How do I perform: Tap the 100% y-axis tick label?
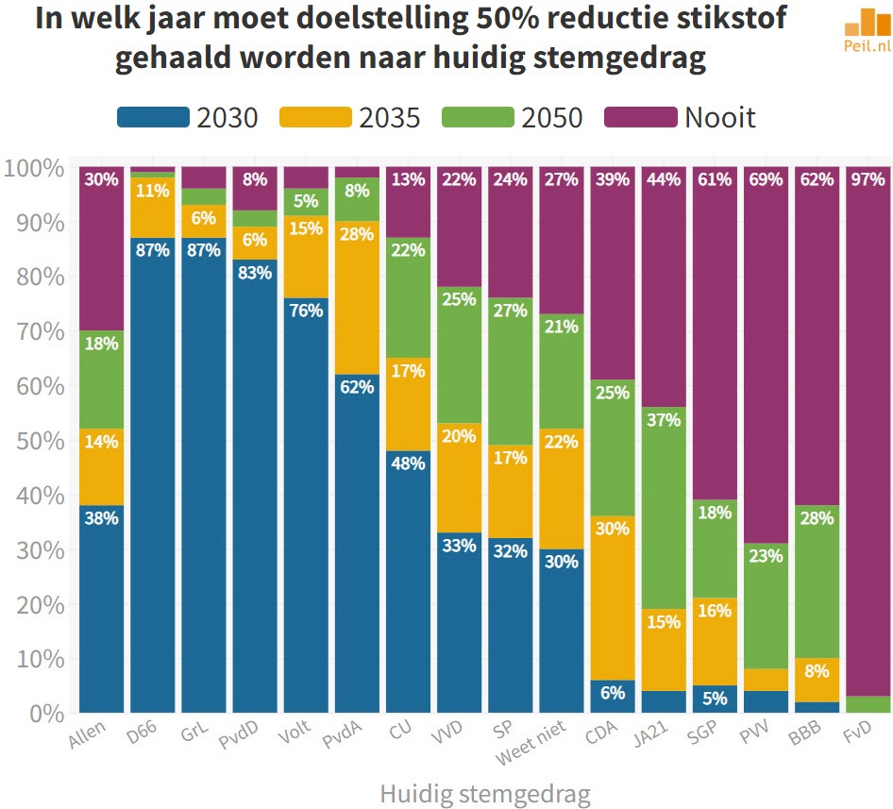click(x=36, y=169)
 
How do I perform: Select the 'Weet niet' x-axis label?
click(x=558, y=741)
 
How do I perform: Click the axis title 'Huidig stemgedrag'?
click(x=484, y=794)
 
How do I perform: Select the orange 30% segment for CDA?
click(x=613, y=598)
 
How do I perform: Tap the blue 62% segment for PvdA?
click(x=357, y=543)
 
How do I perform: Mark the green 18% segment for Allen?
click(x=102, y=379)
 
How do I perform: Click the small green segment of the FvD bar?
click(x=868, y=704)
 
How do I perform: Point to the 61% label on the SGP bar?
click(x=715, y=178)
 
